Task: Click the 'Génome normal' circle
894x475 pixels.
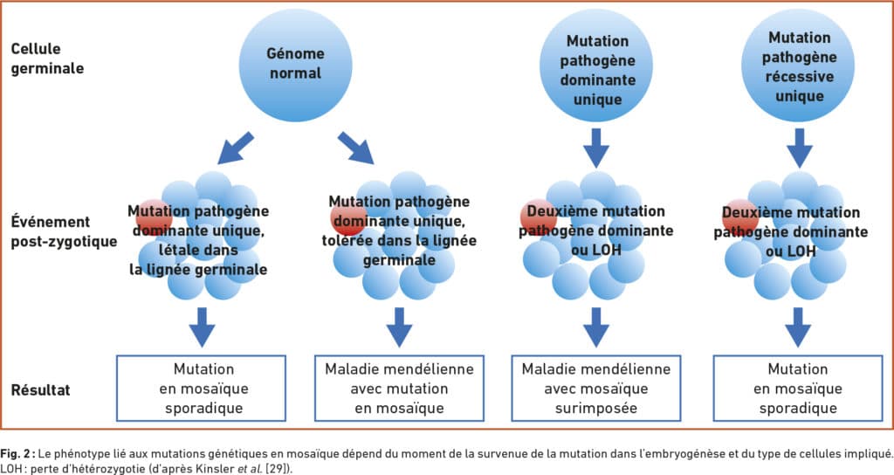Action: pyautogui.click(x=295, y=65)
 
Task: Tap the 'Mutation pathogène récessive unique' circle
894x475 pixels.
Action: pyautogui.click(x=798, y=65)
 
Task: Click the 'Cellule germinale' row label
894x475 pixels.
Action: pyautogui.click(x=47, y=59)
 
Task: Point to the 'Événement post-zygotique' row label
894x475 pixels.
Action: pyautogui.click(x=64, y=231)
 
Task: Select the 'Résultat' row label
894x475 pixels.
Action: pyautogui.click(x=40, y=390)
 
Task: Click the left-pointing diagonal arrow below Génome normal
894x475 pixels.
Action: pyautogui.click(x=236, y=148)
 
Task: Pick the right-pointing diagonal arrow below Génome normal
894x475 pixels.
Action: pyautogui.click(x=355, y=148)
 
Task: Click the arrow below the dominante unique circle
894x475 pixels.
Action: pyautogui.click(x=596, y=148)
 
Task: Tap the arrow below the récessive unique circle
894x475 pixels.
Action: pyautogui.click(x=799, y=148)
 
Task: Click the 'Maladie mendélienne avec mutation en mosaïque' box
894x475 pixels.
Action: pyautogui.click(x=399, y=389)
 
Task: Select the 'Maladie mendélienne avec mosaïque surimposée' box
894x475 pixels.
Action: pyautogui.click(x=595, y=389)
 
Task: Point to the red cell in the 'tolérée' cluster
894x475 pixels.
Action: pyautogui.click(x=349, y=217)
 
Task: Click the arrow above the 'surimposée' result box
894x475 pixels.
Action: pyautogui.click(x=596, y=327)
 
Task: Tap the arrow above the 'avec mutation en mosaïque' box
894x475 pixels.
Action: pyautogui.click(x=399, y=327)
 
